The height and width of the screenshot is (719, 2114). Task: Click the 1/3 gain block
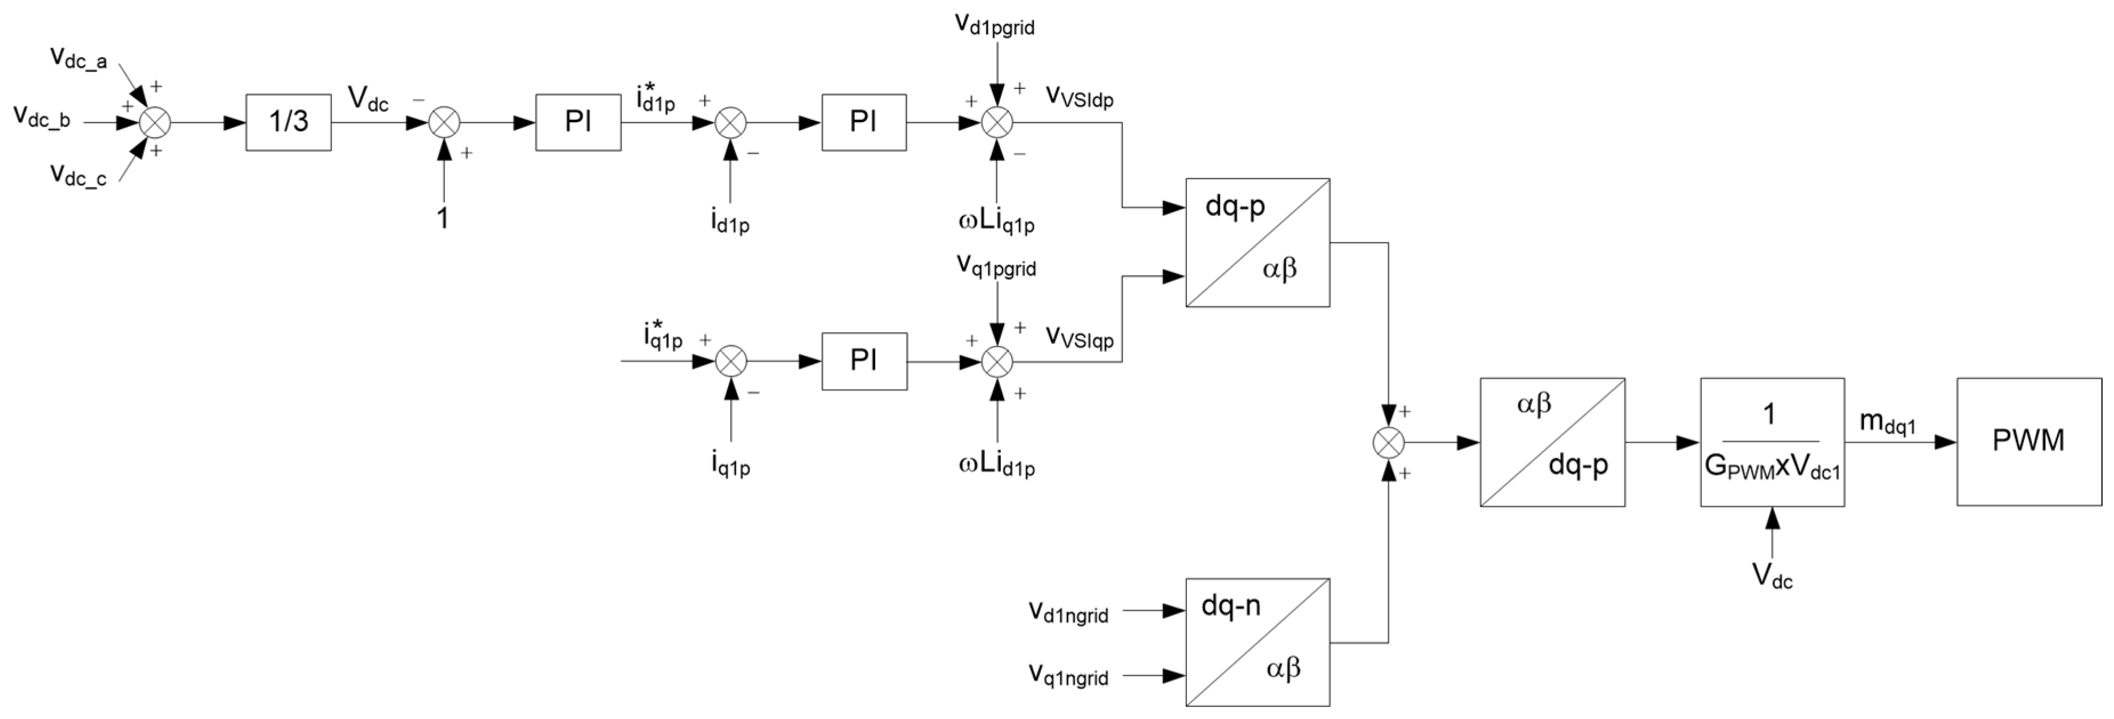288,122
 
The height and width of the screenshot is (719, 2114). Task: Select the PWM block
2028,442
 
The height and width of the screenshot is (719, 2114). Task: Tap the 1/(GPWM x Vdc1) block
1772,442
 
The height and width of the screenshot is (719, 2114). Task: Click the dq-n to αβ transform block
1257,642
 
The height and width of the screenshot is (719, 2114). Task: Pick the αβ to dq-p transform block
1552,442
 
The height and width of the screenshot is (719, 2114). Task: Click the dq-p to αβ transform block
1257,243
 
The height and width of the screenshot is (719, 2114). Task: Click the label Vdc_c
78,175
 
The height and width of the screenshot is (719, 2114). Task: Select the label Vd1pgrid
995,25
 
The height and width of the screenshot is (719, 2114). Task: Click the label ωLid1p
996,466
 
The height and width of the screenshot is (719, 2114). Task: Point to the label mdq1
1887,423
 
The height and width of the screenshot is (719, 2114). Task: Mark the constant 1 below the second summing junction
443,219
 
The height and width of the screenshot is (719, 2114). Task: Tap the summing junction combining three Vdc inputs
153,123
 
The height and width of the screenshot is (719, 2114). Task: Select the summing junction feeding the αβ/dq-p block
1389,443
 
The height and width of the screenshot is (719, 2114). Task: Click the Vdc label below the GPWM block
1773,577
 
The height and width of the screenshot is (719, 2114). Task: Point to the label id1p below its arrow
730,223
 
